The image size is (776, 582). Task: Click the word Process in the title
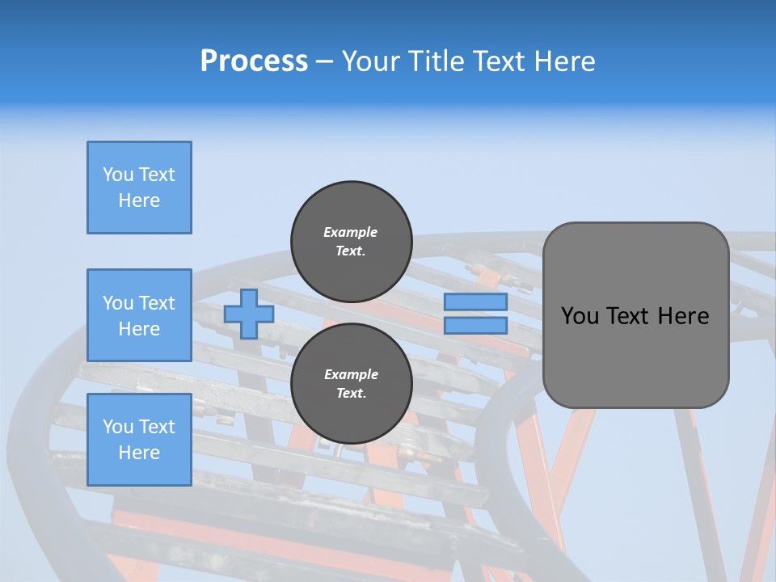click(254, 61)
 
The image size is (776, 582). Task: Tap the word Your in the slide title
click(371, 61)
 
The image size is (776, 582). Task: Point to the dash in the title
click(324, 62)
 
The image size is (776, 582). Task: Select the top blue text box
click(139, 188)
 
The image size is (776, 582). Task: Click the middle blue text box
click(139, 315)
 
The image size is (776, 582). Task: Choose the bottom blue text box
click(139, 440)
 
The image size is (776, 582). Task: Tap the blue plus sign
click(249, 314)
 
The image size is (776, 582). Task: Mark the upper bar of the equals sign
click(476, 302)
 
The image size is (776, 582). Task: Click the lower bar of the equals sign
click(476, 326)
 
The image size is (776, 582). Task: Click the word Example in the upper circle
click(351, 232)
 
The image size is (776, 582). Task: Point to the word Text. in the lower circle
click(351, 394)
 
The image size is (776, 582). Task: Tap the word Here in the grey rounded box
click(684, 316)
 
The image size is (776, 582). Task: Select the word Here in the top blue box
click(139, 200)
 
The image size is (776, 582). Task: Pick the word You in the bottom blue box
click(118, 427)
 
